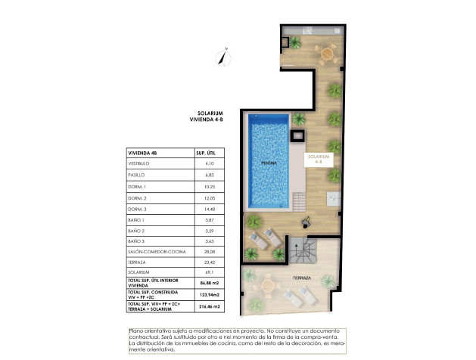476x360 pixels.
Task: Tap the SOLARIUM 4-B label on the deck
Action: [316, 160]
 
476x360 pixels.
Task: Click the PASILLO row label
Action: [137, 174]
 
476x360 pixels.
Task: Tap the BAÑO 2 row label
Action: [137, 229]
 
